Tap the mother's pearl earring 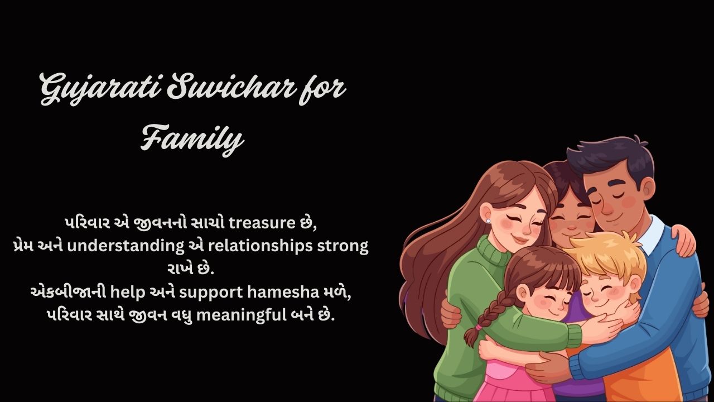(x=488, y=221)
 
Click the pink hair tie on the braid (x=479, y=326)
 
